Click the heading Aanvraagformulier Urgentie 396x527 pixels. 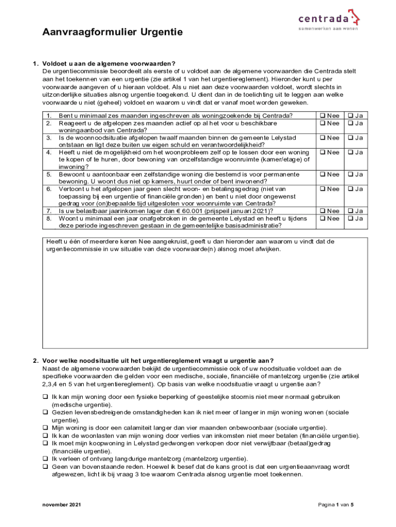click(x=112, y=33)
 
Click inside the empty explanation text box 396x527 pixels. click(x=205, y=298)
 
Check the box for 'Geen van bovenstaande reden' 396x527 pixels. click(x=45, y=467)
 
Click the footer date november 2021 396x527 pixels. click(x=61, y=505)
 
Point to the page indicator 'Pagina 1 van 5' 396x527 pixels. click(x=336, y=505)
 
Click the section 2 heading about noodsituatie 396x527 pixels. click(x=158, y=360)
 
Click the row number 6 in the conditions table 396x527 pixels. click(x=49, y=189)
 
